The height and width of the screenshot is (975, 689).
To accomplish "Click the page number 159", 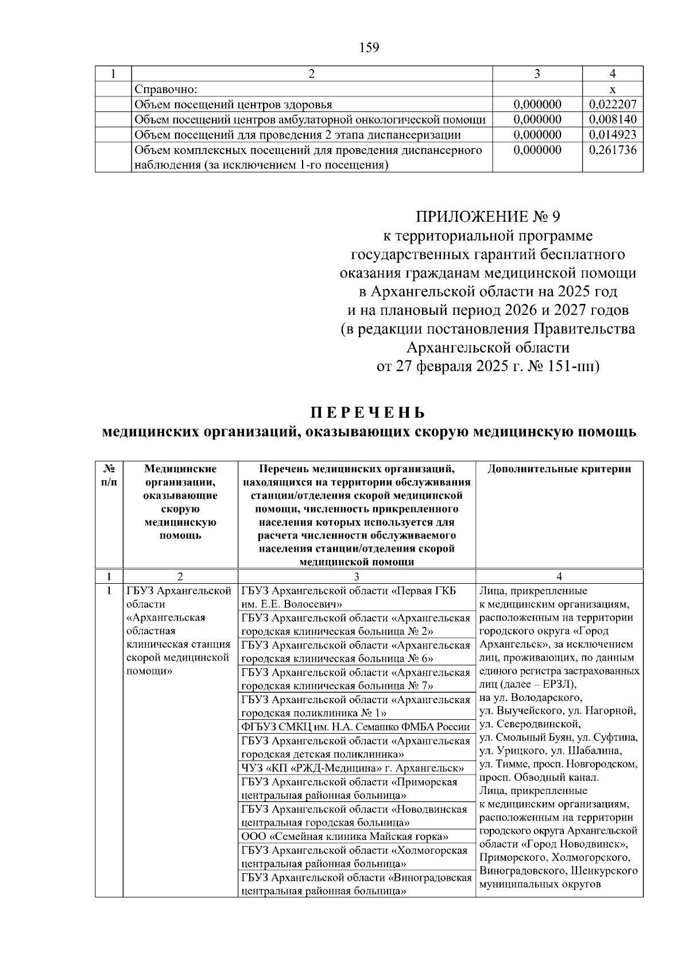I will [369, 48].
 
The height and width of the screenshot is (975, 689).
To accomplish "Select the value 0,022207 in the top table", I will [613, 105].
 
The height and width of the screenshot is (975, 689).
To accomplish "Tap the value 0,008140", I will [613, 120].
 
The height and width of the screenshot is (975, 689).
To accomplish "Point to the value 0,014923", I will [613, 135].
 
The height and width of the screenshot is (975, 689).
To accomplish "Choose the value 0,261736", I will [613, 150].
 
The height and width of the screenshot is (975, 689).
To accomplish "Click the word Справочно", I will [165, 90].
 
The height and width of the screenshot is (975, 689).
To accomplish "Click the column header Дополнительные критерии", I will [559, 469].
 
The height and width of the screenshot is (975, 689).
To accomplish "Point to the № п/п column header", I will [109, 475].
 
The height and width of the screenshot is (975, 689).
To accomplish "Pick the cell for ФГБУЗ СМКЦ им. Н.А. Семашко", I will [356, 727].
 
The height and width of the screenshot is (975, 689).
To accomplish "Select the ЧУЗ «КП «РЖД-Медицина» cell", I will [353, 768].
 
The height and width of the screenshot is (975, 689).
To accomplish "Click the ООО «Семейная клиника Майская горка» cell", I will [344, 837].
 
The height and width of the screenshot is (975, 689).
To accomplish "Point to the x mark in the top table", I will [613, 90].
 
